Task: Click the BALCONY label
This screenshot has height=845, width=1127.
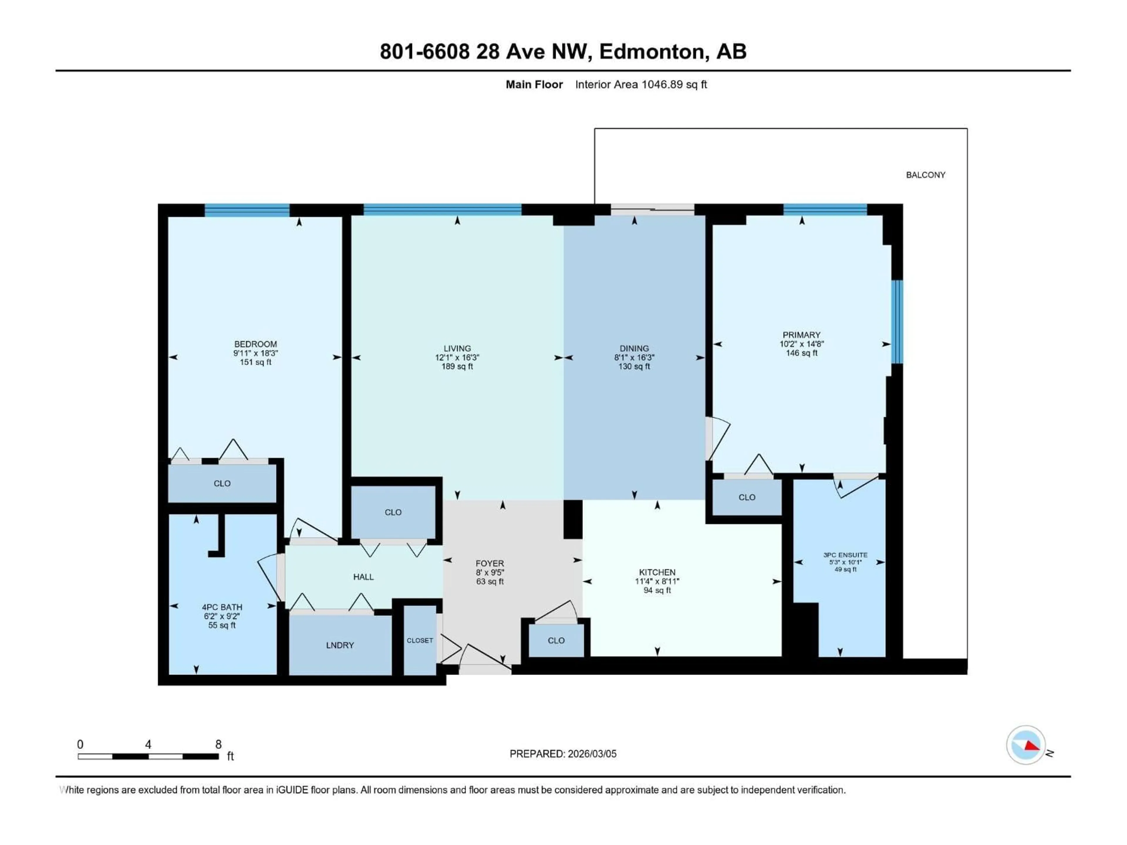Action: (925, 175)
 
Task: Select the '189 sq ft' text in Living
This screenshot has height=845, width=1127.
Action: (457, 366)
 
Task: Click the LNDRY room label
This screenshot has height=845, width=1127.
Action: (340, 645)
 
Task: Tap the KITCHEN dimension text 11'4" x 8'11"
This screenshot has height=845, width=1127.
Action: (657, 581)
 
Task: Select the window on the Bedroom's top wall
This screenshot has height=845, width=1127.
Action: (247, 210)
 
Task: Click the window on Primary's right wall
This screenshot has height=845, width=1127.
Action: (897, 321)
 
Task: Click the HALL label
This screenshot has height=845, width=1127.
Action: (363, 577)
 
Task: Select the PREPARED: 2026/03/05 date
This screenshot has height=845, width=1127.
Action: (563, 753)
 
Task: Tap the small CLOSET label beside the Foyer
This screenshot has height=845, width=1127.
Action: (420, 640)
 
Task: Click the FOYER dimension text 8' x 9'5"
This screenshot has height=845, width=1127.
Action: (490, 572)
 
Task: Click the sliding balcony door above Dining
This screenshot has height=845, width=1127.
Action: (652, 209)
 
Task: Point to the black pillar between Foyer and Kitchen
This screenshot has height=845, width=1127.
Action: (573, 519)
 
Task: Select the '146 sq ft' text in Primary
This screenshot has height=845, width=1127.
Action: (802, 352)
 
